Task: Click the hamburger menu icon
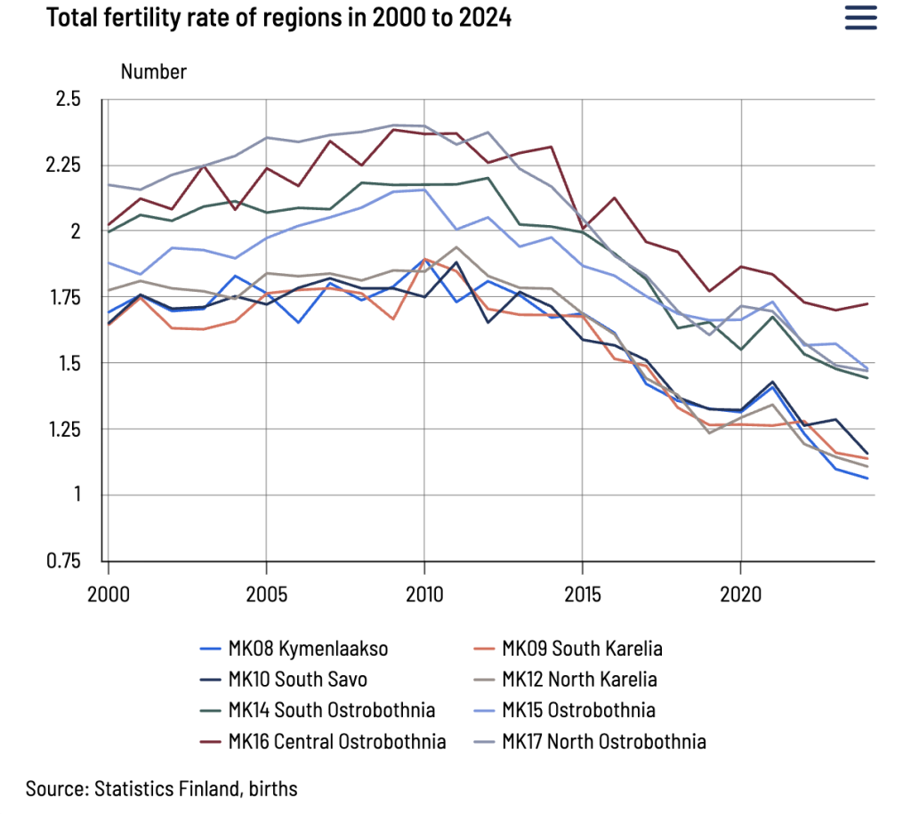860,18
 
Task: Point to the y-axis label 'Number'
154,72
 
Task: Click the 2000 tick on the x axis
109,593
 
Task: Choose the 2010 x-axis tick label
424,593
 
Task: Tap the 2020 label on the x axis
740,593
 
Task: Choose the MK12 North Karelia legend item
579,680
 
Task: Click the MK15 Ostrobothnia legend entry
578,710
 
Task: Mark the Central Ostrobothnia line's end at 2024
867,304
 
